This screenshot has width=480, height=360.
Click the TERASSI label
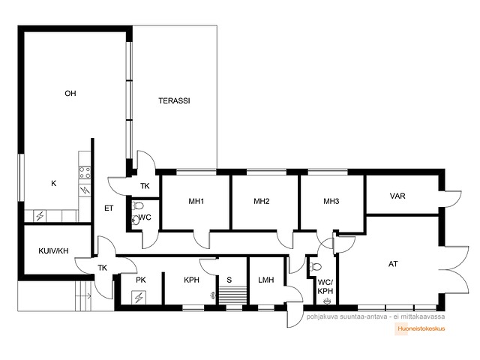point(174,100)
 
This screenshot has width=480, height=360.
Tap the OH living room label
point(70,93)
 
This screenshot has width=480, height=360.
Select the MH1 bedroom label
point(196,201)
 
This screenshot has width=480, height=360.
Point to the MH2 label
point(262,201)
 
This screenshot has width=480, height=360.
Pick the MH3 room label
point(331,201)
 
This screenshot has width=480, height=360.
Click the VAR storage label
point(397,196)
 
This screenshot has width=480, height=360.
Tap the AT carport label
point(393,264)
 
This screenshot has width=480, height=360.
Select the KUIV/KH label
point(53,251)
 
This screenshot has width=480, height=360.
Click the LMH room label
point(266,280)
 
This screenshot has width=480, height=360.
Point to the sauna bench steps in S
point(232,295)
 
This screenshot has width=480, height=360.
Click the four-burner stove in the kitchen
point(85,172)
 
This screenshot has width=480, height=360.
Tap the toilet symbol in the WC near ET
point(138,205)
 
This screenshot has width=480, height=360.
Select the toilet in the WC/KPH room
point(316,267)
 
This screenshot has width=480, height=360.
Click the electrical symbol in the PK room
point(139,297)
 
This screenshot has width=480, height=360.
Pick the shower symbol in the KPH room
point(213,295)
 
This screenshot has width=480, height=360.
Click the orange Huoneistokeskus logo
point(420,328)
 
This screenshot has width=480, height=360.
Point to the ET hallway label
point(109,208)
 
